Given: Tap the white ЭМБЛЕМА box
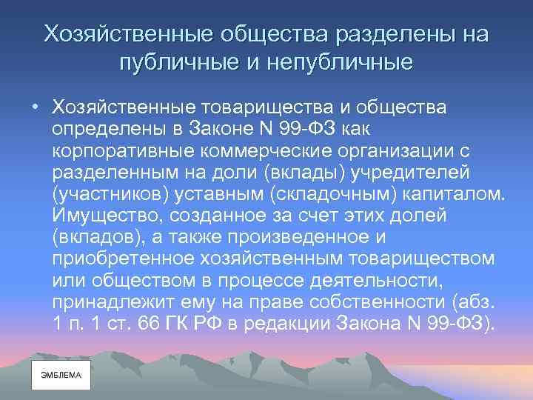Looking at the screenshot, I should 61,376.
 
